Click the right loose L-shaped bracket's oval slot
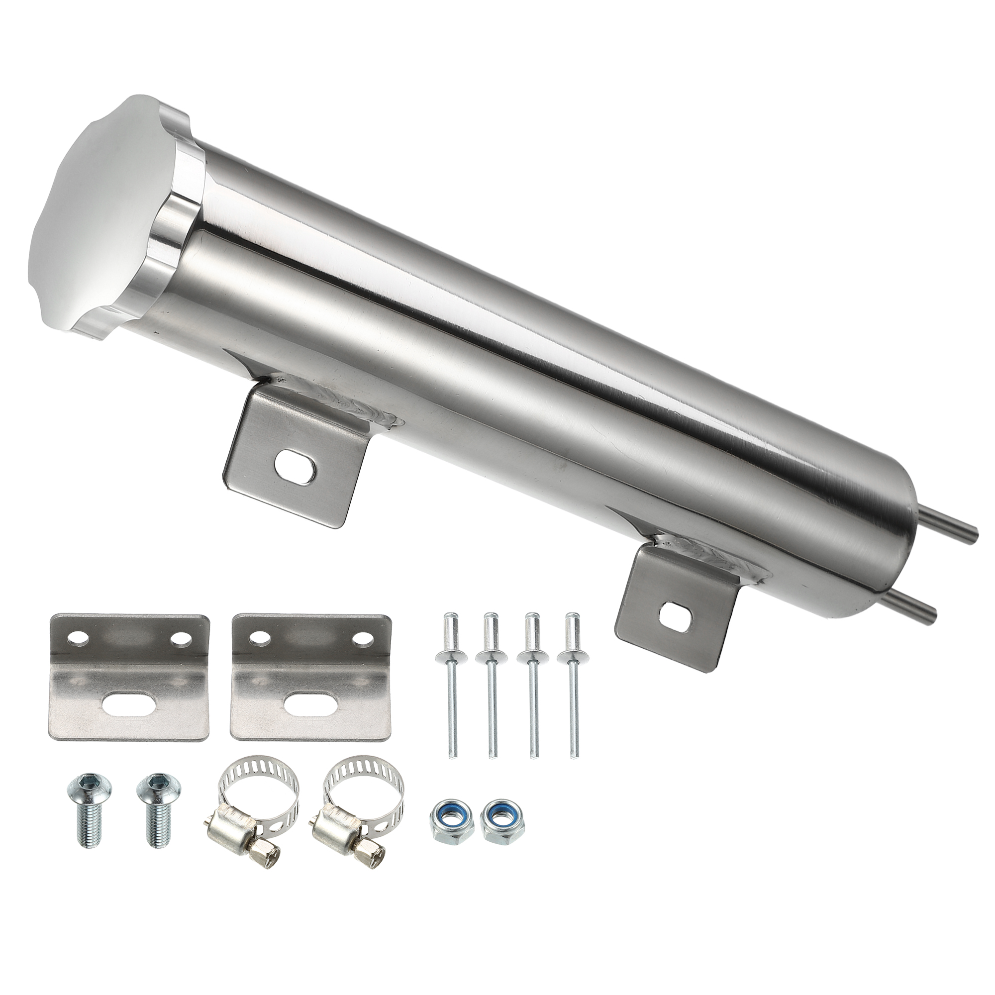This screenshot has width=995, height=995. pos(309,701)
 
